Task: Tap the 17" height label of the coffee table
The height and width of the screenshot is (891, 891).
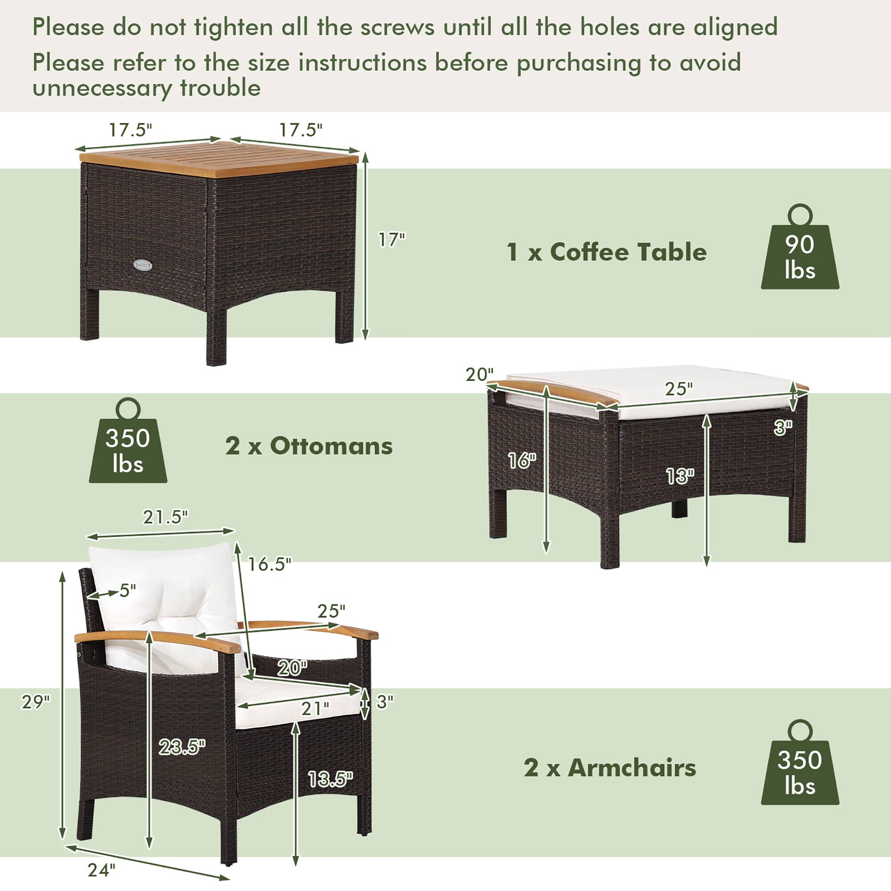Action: point(391,240)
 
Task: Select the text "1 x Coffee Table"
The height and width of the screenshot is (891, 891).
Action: point(606,252)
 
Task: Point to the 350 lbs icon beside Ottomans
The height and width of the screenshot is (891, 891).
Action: point(128,450)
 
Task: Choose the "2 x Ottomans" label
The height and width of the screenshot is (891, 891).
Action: point(309,446)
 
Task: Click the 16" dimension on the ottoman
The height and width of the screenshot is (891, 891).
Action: point(522,460)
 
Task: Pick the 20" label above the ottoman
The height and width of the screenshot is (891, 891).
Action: point(480,375)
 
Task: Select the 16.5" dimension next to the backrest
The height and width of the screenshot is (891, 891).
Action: point(270,564)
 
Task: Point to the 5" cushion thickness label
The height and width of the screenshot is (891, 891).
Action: point(127,591)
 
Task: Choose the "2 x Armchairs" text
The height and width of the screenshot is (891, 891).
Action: point(610,768)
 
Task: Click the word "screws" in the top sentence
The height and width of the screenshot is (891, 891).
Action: point(396,27)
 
